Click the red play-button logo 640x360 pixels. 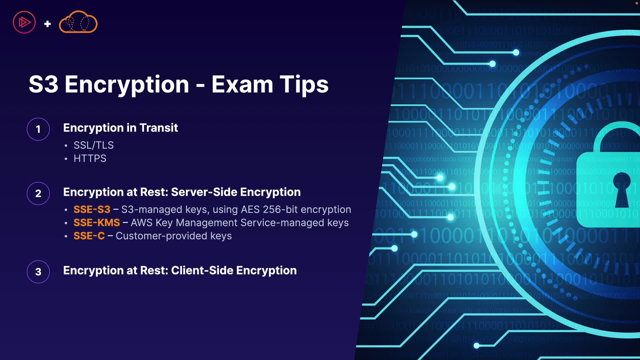(24, 22)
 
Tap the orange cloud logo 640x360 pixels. (78, 22)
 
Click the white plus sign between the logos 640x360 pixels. (47, 24)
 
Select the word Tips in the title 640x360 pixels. (304, 85)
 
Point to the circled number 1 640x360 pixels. (38, 129)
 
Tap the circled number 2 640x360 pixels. (38, 193)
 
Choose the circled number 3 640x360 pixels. (38, 272)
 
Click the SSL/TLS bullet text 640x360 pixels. (94, 145)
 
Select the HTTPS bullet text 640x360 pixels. (90, 158)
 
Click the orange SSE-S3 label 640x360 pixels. (92, 209)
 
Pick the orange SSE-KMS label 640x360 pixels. (97, 223)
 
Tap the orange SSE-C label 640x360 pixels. (89, 236)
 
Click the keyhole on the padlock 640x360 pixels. (622, 190)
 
